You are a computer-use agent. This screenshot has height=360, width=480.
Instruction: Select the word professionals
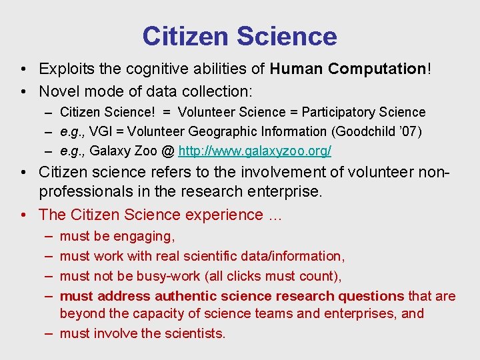[x=81, y=193]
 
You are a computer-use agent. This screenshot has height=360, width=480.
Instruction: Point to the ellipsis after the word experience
[x=275, y=215]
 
